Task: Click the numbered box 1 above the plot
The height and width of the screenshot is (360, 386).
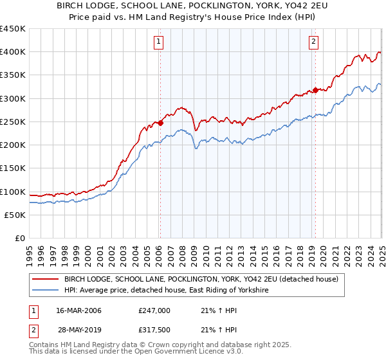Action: point(158,42)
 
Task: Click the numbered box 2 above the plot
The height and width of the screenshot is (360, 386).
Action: point(313,42)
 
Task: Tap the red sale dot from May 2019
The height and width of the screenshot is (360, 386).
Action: point(315,90)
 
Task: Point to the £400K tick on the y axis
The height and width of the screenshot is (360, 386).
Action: point(13,52)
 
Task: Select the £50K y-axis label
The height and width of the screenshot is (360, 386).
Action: point(15,215)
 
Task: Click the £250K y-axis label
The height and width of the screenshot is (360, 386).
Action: point(13,122)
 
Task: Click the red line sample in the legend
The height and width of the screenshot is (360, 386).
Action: point(45,279)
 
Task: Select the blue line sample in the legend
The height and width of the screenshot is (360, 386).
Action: point(45,291)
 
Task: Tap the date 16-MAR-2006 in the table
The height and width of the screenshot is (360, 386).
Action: point(79,310)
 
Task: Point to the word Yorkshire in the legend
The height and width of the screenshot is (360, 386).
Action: point(248,291)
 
